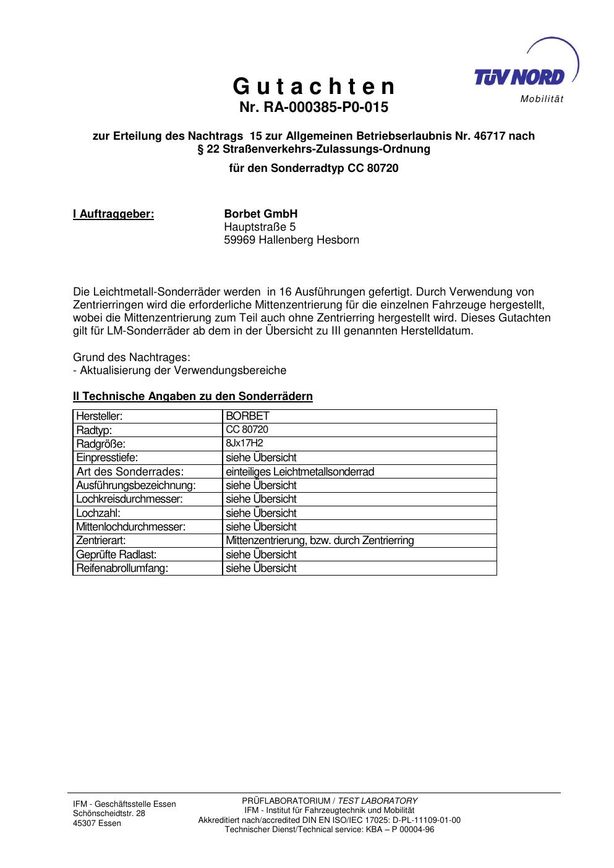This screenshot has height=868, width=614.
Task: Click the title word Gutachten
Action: [313, 85]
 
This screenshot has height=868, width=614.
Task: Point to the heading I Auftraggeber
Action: [113, 214]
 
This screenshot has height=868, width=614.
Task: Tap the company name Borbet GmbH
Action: [260, 214]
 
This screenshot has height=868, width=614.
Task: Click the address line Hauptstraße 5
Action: [260, 227]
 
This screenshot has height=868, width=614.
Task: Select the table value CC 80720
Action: [247, 429]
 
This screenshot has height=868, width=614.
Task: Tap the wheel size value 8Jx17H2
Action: [244, 443]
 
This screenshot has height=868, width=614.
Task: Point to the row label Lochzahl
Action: [98, 513]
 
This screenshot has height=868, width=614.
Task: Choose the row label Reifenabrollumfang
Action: [122, 568]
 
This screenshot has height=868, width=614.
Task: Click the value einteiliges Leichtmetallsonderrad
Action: [300, 472]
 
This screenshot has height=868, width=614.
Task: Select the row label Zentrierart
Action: [101, 540]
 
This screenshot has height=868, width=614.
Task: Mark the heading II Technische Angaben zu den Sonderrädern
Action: [192, 396]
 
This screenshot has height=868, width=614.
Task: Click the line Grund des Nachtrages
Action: [132, 357]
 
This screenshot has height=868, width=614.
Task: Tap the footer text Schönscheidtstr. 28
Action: [109, 814]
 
